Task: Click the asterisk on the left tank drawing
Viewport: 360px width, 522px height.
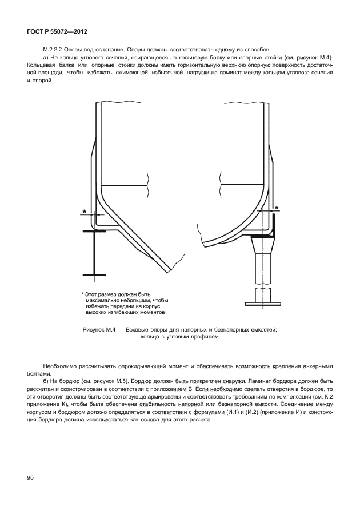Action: coord(85,212)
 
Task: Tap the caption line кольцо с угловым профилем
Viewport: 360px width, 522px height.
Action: coord(179,337)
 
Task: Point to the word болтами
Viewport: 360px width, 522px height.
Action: coord(37,373)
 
